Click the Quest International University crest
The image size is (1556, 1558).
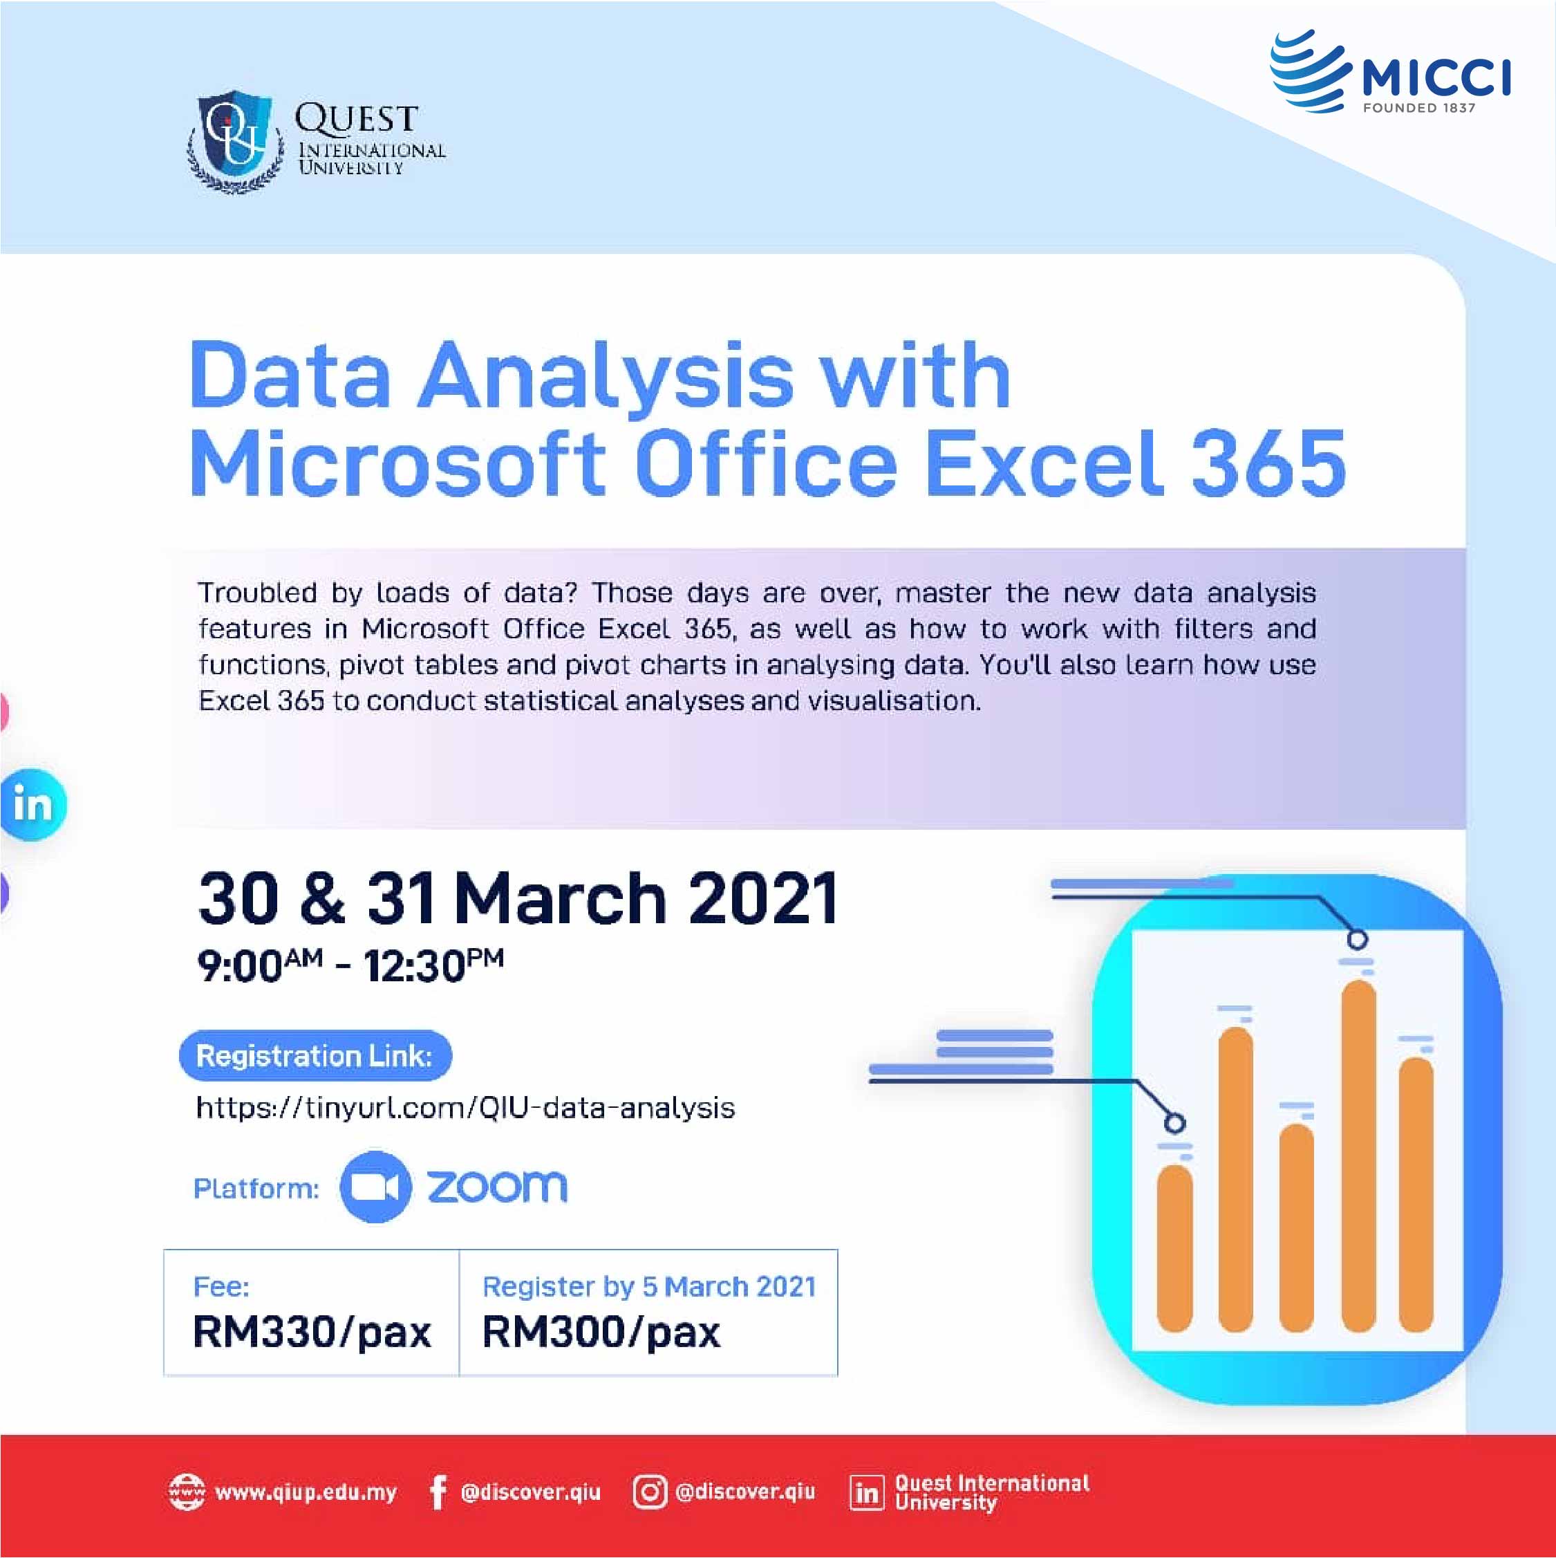click(x=236, y=141)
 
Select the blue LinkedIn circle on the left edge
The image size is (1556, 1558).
click(x=32, y=805)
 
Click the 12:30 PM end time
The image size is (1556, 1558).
click(x=433, y=965)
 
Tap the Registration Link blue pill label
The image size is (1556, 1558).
click(x=315, y=1055)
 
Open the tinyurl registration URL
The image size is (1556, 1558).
click(x=465, y=1108)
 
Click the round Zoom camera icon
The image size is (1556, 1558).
click(x=376, y=1186)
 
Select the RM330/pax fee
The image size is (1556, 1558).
click(x=312, y=1331)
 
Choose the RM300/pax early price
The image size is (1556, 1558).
click(x=601, y=1331)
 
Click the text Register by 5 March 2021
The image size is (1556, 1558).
click(x=649, y=1286)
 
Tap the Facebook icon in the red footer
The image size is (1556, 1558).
click(x=437, y=1492)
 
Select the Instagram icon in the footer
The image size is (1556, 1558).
click(x=649, y=1492)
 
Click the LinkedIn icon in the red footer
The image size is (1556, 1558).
click(x=867, y=1493)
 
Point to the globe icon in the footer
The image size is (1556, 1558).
click(x=186, y=1492)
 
